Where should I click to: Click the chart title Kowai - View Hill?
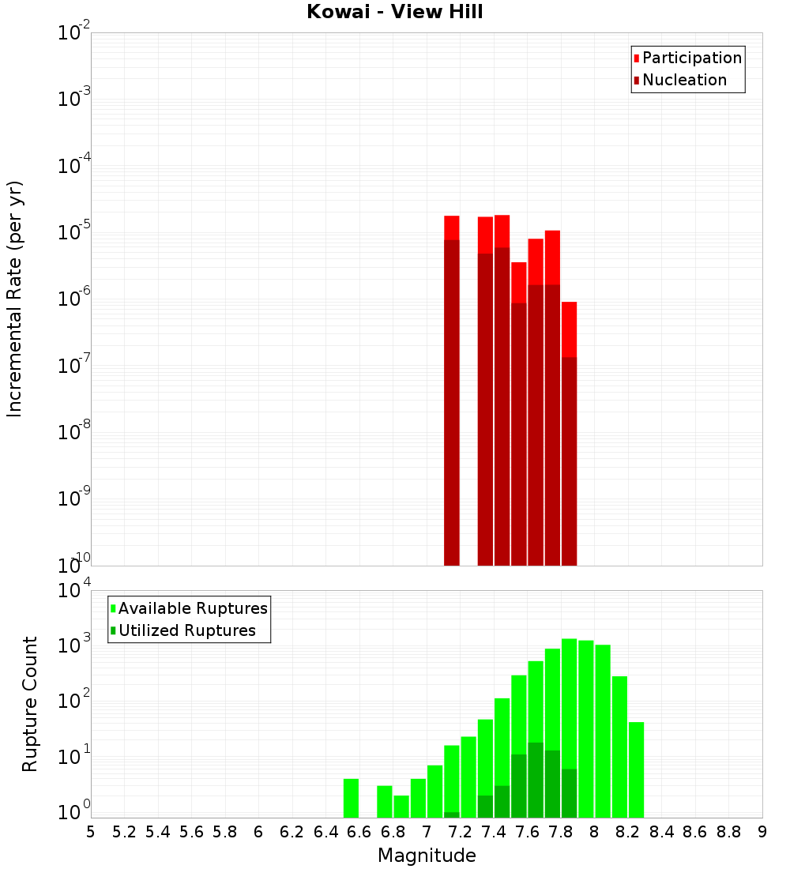pos(395,12)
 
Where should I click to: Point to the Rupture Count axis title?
pos(30,703)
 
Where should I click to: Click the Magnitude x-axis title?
pos(427,856)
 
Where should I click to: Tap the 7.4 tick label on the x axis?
pos(494,832)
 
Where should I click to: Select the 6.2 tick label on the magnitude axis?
pos(292,832)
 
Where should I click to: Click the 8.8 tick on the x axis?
pos(728,832)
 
